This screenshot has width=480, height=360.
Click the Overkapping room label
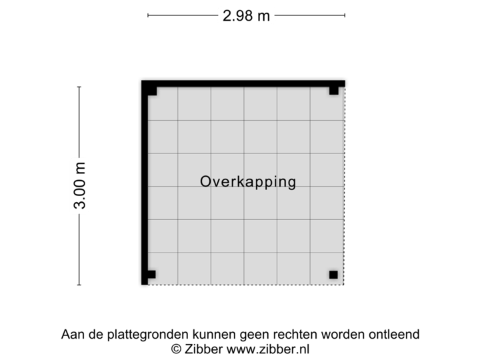click(x=248, y=182)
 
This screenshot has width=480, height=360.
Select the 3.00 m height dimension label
click(x=80, y=186)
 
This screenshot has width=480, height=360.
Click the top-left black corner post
click(x=152, y=91)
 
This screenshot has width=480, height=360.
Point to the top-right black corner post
click(x=334, y=91)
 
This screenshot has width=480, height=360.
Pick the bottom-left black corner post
click(x=151, y=274)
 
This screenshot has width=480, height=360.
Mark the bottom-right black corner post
click(x=333, y=275)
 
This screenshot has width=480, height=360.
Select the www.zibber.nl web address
click(x=268, y=349)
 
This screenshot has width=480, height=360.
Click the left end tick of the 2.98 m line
click(x=148, y=15)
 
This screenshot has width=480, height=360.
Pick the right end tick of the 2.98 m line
click(x=345, y=15)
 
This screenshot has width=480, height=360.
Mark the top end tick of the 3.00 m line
click(x=79, y=87)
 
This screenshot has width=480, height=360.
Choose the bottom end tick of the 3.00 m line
click(x=79, y=285)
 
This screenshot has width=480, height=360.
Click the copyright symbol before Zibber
click(x=176, y=349)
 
